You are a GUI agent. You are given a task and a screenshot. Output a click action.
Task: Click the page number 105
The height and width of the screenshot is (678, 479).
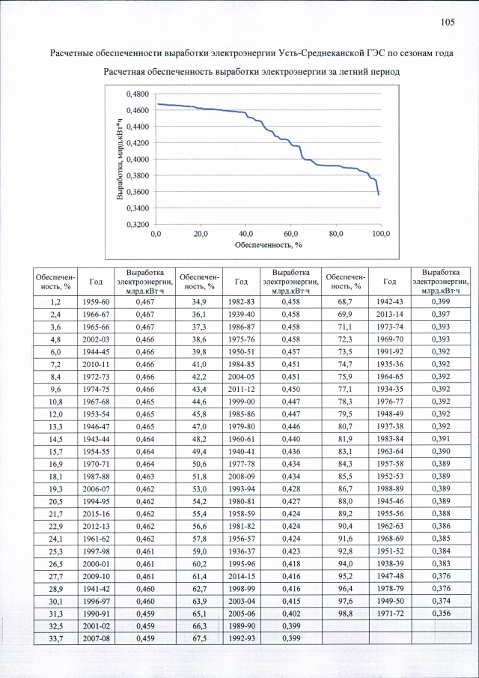pyautogui.click(x=448, y=22)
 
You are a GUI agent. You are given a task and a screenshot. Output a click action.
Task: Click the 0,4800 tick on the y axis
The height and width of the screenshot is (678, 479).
pyautogui.click(x=137, y=94)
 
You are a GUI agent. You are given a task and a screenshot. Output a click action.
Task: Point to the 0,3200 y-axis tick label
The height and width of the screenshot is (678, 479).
pyautogui.click(x=137, y=224)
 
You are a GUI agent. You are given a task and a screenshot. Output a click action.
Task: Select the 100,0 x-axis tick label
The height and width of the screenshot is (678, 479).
pyautogui.click(x=381, y=234)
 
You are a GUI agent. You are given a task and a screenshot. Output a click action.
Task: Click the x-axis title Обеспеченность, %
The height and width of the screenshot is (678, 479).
pyautogui.click(x=268, y=244)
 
